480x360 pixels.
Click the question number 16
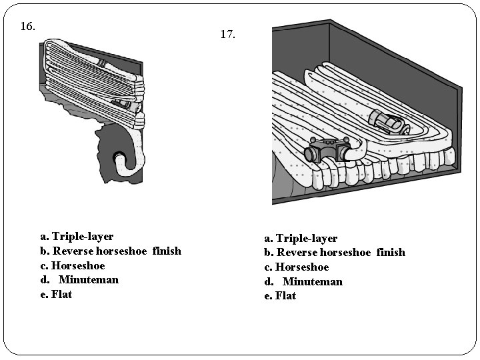[x=27, y=27]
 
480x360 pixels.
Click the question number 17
[x=227, y=34]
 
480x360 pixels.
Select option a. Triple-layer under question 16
[x=77, y=237]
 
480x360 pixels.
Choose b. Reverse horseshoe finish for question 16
[x=111, y=251]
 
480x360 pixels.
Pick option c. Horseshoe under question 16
[x=73, y=265]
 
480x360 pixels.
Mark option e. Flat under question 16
[x=56, y=295]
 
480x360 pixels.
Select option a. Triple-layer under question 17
[x=301, y=238]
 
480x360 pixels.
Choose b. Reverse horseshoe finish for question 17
[x=335, y=253]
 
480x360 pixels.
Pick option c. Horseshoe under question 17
[x=297, y=267]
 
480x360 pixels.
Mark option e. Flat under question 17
[x=280, y=296]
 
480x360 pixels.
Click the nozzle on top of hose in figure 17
[x=387, y=123]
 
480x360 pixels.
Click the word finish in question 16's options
[x=167, y=251]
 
